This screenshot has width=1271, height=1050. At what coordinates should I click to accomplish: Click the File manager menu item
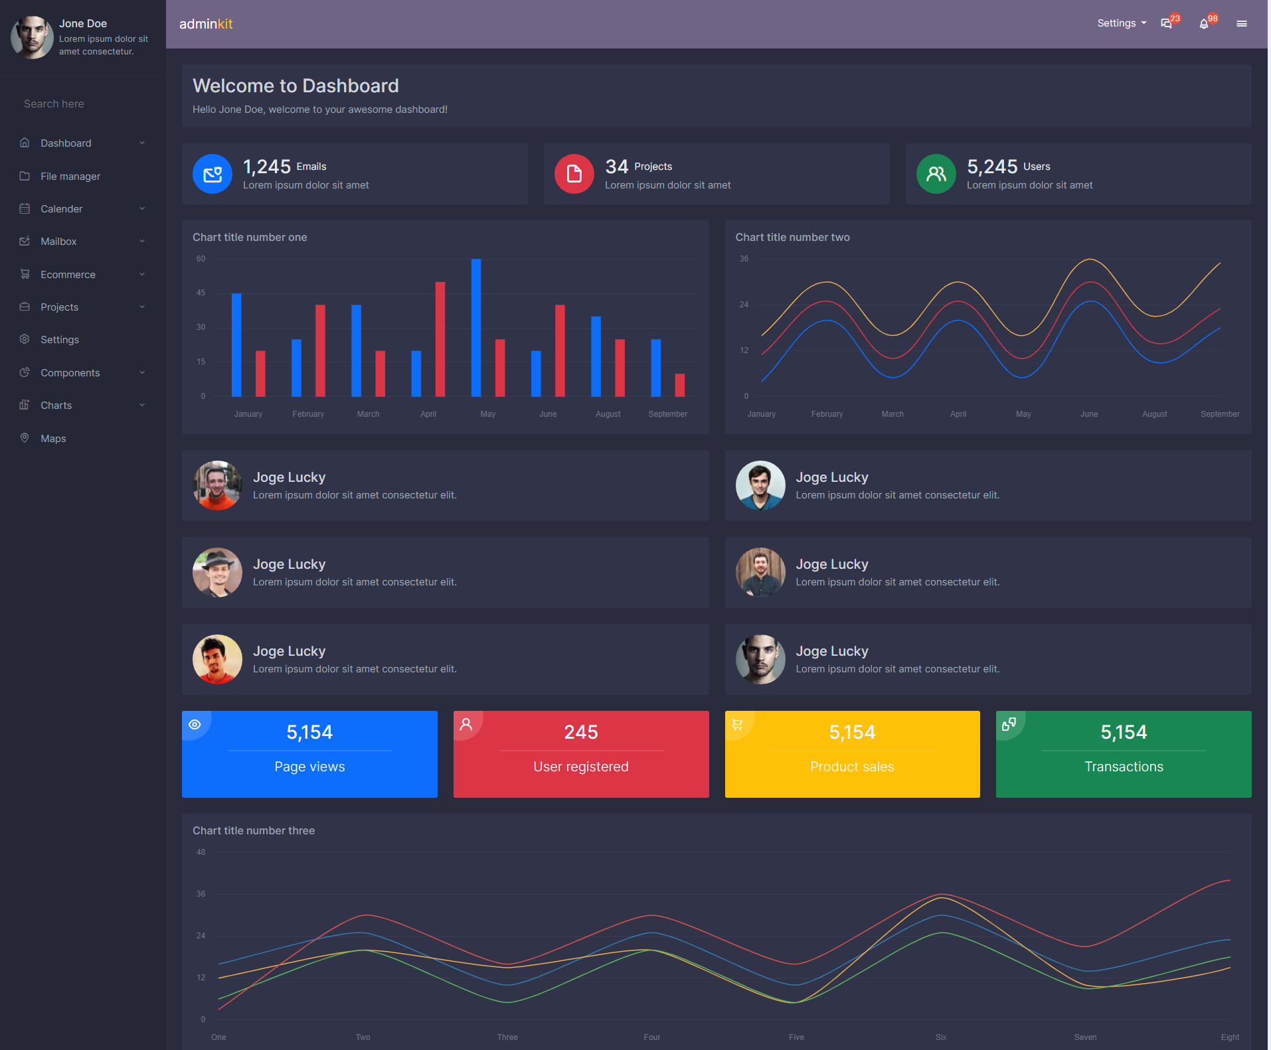[x=70, y=176]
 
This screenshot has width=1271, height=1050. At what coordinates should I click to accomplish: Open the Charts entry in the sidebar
[x=56, y=405]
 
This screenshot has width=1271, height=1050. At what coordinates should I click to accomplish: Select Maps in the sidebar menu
[x=53, y=438]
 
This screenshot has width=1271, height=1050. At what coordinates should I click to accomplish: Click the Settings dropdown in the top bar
[x=1121, y=23]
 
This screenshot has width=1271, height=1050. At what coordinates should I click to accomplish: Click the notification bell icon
[x=1204, y=24]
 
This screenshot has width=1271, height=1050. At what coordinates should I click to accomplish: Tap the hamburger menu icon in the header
[x=1241, y=24]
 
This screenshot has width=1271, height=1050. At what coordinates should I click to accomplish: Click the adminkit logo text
[x=206, y=24]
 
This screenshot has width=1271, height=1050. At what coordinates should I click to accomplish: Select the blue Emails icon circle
[x=212, y=174]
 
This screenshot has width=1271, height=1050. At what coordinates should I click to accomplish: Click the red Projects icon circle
[x=574, y=174]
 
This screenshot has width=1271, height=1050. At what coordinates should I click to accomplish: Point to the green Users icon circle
[x=936, y=174]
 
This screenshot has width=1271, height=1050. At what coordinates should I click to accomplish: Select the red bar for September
[x=679, y=385]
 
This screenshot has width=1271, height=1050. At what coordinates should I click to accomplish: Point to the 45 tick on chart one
[x=201, y=293]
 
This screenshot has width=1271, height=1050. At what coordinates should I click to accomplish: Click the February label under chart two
[x=827, y=414]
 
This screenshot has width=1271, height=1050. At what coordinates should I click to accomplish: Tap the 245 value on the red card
[x=581, y=732]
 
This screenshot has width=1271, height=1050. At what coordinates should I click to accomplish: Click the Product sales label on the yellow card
[x=852, y=767]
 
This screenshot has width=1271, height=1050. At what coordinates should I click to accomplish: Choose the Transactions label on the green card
[x=1124, y=767]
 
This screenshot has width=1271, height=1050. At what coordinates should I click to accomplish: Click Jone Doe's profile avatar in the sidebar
[x=32, y=37]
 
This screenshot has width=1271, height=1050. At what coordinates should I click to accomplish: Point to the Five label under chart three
[x=796, y=1037]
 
